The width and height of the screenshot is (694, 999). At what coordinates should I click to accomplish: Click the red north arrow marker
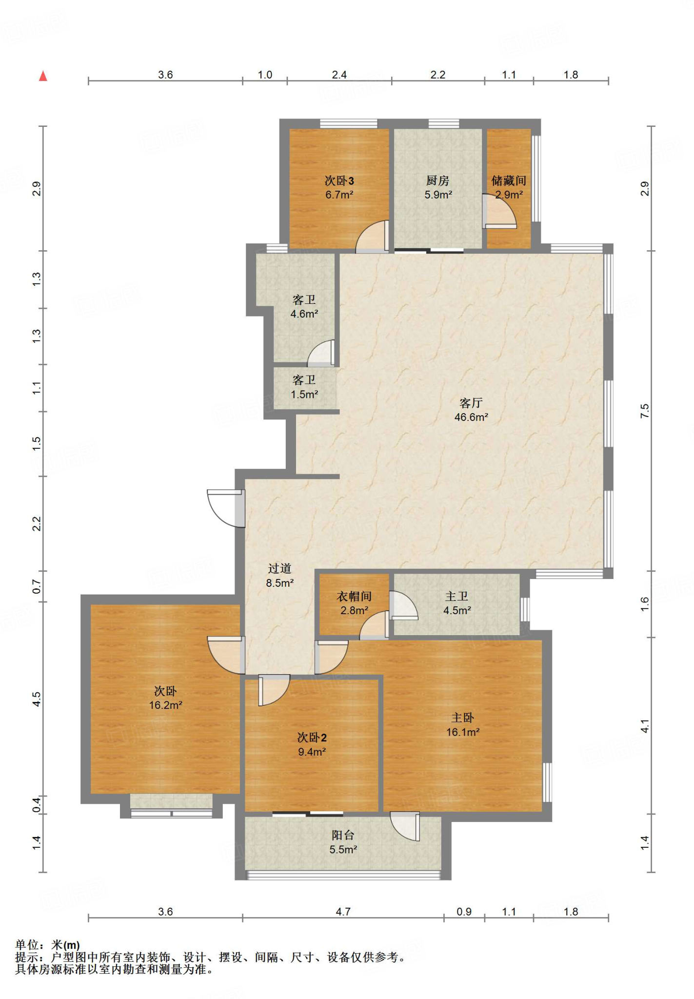click(43, 76)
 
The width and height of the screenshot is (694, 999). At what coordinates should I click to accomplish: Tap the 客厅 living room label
click(471, 403)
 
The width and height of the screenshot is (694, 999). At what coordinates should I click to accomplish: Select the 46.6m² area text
click(471, 417)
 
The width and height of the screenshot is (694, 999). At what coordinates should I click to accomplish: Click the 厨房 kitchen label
click(437, 181)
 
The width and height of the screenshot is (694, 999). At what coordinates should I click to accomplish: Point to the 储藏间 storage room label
click(509, 181)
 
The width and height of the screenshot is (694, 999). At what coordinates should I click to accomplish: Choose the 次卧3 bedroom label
click(339, 181)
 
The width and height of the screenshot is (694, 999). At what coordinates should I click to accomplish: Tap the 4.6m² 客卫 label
click(304, 307)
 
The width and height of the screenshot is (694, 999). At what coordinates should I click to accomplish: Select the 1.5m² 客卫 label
click(304, 387)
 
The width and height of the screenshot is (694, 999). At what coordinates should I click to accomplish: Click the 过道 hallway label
click(279, 569)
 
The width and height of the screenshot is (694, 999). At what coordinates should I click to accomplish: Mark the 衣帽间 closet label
click(354, 597)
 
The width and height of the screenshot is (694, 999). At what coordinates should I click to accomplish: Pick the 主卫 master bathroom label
click(457, 597)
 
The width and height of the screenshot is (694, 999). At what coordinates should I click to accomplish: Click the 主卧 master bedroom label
click(463, 718)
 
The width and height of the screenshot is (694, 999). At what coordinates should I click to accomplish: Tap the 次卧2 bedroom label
click(312, 738)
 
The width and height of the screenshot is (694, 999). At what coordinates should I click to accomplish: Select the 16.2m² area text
click(166, 705)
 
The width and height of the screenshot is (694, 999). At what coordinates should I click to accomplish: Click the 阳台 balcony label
click(343, 836)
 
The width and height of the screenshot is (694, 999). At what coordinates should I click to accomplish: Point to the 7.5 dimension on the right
click(645, 411)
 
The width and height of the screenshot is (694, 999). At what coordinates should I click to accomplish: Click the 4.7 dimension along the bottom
click(343, 912)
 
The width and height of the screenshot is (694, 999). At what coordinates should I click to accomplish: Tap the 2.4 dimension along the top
click(339, 75)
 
